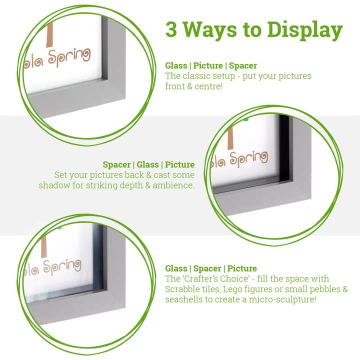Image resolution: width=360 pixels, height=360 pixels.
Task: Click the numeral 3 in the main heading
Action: pyautogui.click(x=172, y=29)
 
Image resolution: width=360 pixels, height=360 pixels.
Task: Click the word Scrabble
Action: pyautogui.click(x=182, y=289)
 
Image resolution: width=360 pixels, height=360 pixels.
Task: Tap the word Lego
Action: pyautogui.click(x=227, y=289)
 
